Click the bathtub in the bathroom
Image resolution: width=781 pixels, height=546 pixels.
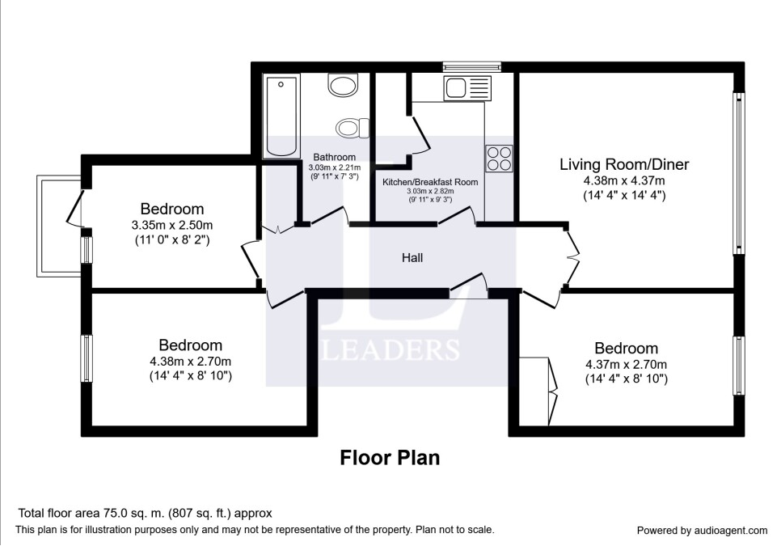point(281,116)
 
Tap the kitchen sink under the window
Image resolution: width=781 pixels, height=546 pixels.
point(467,88)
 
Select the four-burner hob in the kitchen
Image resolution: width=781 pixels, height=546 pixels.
point(499,159)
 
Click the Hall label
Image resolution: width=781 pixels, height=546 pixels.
point(412,257)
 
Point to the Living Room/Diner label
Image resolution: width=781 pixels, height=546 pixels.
point(624,164)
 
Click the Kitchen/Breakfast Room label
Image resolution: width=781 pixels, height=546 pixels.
point(430,182)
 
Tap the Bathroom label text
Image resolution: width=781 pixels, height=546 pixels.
point(334,158)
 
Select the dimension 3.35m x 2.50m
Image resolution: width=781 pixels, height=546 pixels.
point(172,225)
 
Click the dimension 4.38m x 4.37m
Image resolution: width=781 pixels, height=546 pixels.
point(624,181)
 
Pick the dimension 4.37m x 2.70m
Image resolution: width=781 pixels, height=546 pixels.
point(626,365)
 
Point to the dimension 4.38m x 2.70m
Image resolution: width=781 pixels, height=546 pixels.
point(190,362)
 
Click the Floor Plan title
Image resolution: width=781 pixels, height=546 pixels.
point(390,458)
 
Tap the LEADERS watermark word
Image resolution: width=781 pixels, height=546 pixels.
point(391,349)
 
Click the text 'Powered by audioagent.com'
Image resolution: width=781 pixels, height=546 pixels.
point(703,531)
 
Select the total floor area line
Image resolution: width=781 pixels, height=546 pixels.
point(145,513)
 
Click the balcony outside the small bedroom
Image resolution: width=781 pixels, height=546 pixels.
point(59,226)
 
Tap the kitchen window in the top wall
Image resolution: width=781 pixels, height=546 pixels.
point(472,67)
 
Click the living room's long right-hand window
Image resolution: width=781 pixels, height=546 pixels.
point(739,173)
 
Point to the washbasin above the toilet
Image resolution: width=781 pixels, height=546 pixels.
point(343,85)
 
